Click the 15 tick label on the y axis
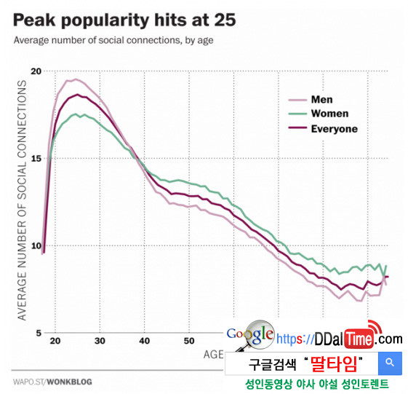36,158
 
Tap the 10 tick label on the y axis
36,245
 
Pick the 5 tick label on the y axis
38,333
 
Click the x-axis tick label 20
57,342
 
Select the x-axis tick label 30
100,342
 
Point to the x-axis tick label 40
144,342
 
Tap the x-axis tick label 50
188,342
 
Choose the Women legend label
329,114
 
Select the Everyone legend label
334,129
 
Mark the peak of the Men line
76,79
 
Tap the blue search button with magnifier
390,362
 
